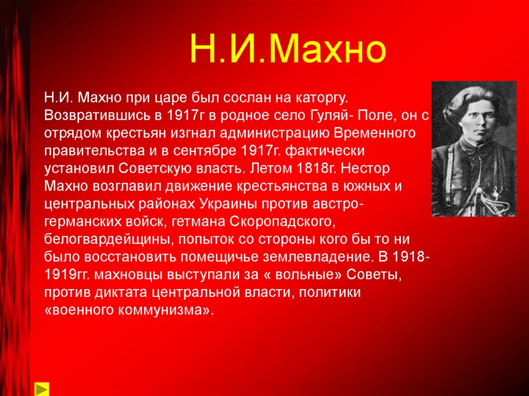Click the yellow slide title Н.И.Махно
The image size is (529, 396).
pyautogui.click(x=287, y=50)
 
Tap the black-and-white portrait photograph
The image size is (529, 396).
pyautogui.click(x=473, y=149)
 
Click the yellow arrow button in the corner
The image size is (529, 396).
pyautogui.click(x=42, y=388)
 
